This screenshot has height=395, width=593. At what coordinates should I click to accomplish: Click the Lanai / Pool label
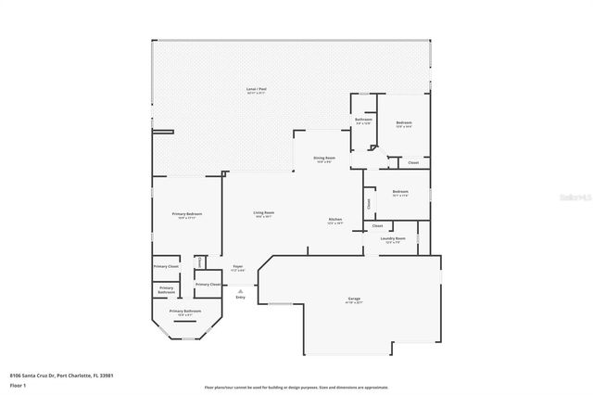point(257,90)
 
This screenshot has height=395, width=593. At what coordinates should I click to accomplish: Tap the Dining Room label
point(324,159)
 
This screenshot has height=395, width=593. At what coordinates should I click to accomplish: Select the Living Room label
point(264,214)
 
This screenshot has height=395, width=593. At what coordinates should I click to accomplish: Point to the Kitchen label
point(335,221)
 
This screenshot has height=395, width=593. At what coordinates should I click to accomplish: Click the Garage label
point(354,299)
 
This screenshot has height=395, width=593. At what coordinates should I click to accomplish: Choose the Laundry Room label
point(393,239)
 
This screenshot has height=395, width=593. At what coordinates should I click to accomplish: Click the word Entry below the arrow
point(241,297)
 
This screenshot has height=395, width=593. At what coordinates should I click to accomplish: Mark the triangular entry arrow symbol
point(241,289)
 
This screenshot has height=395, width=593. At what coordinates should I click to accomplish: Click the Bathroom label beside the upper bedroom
point(364,120)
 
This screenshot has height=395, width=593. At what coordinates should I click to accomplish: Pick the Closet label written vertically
point(369,203)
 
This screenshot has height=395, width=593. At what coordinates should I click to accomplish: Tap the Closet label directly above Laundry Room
point(377,226)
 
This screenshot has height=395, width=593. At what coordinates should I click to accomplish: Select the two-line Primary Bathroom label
point(166,289)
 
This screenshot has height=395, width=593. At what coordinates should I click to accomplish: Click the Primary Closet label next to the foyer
point(208,285)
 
